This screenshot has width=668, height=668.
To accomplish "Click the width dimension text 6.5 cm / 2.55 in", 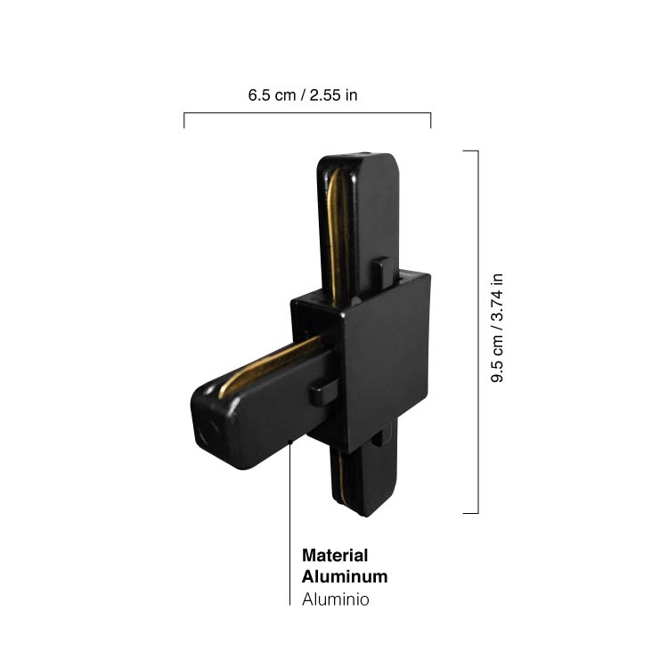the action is (303, 95).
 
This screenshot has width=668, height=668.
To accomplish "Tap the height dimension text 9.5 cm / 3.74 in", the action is (497, 328).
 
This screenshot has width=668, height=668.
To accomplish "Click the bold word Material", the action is (335, 555).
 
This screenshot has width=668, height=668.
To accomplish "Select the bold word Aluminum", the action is (345, 576).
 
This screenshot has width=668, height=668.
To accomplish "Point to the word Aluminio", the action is (335, 599).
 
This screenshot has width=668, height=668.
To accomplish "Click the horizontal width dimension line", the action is (307, 113).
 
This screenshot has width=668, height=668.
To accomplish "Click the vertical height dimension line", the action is (478, 332).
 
